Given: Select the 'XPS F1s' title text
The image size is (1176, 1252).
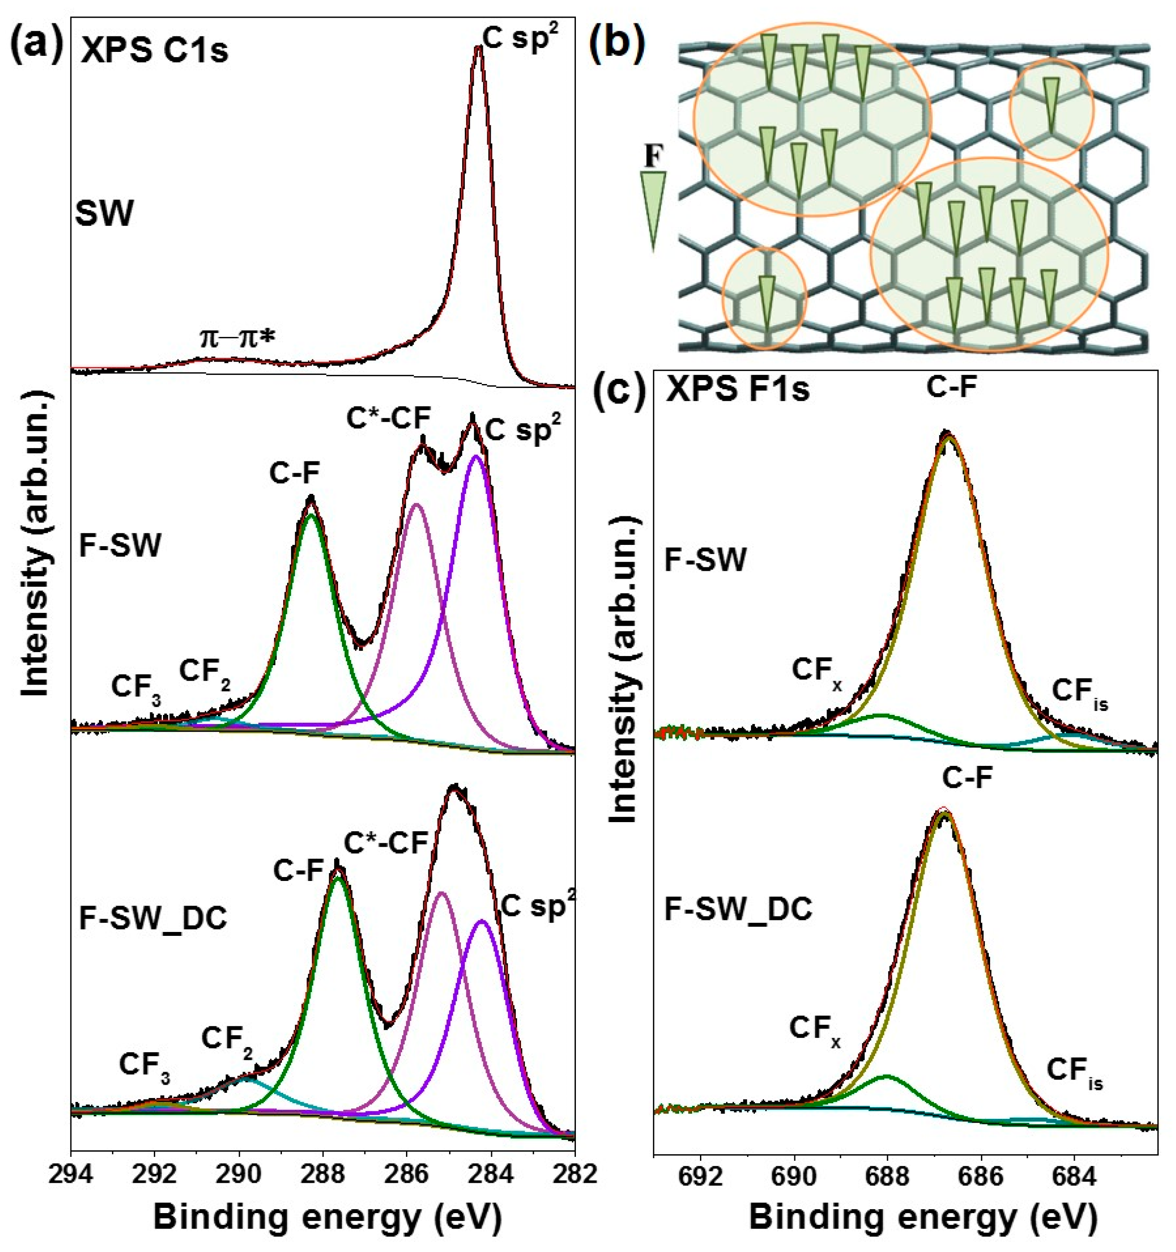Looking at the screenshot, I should [738, 391].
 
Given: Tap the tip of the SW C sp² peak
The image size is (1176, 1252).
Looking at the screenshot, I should [479, 47].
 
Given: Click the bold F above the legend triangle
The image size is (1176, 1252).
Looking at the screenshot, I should [653, 157].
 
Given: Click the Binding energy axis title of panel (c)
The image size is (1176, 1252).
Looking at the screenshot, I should [922, 1219].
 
